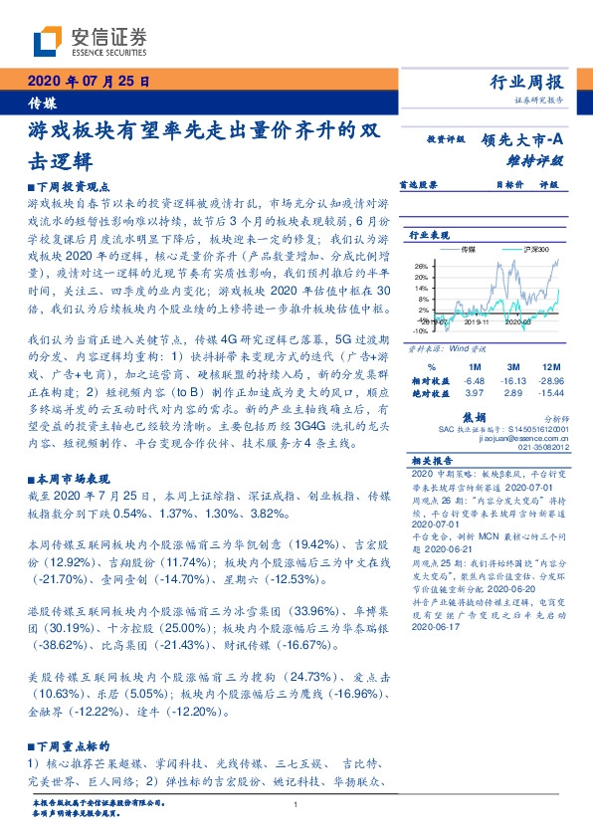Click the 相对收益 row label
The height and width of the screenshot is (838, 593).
click(x=429, y=380)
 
